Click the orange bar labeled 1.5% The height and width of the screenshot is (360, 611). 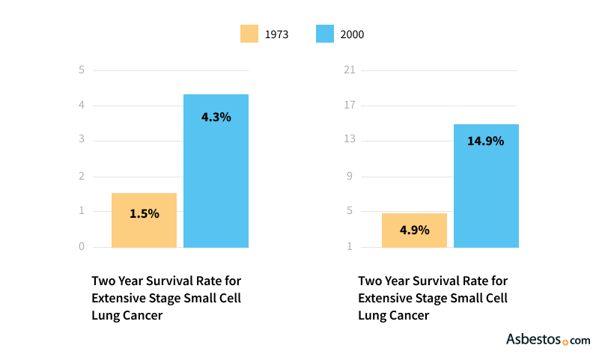(144, 220)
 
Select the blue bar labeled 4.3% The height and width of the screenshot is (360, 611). (216, 171)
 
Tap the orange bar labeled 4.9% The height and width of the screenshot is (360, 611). (414, 230)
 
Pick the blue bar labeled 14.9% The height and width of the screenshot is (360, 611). (486, 186)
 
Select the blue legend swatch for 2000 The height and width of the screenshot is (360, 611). (324, 34)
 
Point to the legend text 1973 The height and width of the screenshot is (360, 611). (276, 34)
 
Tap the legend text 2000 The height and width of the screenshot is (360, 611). (352, 34)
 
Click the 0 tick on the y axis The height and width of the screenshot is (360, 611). (82, 247)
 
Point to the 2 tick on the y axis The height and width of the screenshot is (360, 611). (82, 177)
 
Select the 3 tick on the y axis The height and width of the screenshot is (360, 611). (82, 141)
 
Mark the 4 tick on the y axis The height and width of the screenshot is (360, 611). (82, 106)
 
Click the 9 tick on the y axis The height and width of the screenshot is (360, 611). (348, 177)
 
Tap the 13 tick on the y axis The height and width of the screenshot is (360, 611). (348, 141)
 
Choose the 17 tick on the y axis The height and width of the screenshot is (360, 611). (348, 106)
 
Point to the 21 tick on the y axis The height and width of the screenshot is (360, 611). (348, 70)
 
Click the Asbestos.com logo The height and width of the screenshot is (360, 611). (548, 340)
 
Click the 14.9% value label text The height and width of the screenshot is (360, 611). (485, 141)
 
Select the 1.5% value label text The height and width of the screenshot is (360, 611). (144, 213)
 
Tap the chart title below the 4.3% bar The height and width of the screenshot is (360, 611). (166, 298)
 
